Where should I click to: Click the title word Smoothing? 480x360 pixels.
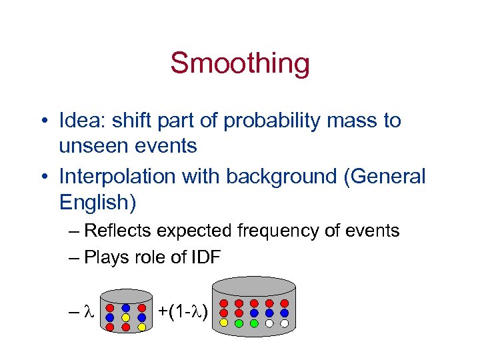[240, 63]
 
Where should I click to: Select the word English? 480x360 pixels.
[93, 201]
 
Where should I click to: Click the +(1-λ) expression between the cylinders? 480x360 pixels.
[183, 312]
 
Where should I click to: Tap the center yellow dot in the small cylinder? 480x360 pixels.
[125, 317]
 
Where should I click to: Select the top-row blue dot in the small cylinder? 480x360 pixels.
[125, 308]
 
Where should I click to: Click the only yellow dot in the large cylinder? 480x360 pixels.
[223, 323]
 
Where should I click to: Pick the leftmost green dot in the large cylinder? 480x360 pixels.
[239, 323]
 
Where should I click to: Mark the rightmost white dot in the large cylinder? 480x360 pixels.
[284, 323]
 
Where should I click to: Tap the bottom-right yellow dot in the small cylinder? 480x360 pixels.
[142, 327]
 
